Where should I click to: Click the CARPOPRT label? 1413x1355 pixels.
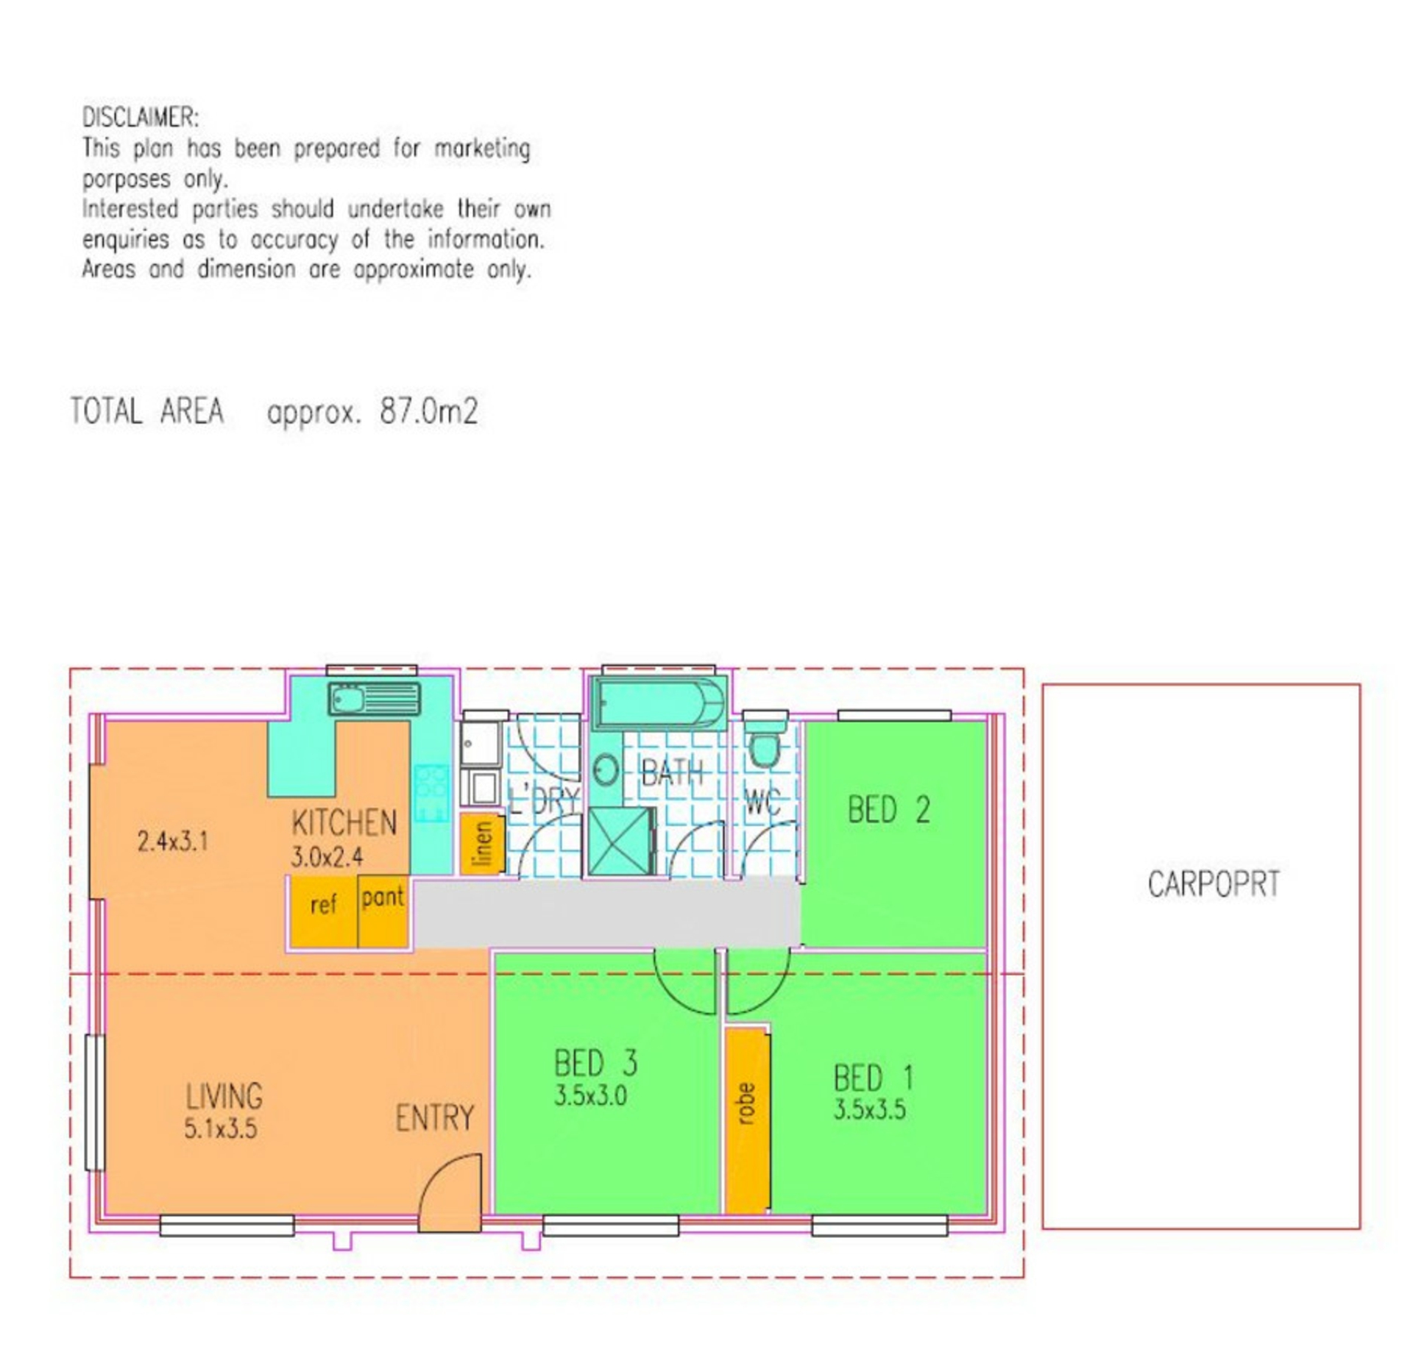pos(1214,884)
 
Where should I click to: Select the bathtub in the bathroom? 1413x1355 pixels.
pos(659,703)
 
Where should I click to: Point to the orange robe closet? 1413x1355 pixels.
pos(747,1120)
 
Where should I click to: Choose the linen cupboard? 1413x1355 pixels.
pos(482,843)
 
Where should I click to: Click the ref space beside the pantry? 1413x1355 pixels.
pos(323,911)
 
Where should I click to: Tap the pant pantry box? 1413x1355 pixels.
pos(383,911)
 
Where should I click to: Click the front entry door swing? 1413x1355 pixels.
pos(450,1192)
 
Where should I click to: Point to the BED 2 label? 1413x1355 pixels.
pos(889,810)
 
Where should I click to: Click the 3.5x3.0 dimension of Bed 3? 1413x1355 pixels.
pos(590,1096)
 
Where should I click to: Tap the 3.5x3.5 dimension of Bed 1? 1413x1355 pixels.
pos(869,1109)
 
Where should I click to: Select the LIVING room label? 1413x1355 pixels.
pos(224,1096)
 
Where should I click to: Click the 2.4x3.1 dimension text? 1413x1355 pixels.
pos(173,841)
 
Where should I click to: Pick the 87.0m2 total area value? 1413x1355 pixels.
pos(429,411)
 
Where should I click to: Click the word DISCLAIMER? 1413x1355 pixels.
pos(140,118)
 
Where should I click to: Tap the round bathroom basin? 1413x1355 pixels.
pos(606,772)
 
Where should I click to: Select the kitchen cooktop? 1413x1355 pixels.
pos(431,793)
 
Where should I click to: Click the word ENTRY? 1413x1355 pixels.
pos(435,1118)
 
